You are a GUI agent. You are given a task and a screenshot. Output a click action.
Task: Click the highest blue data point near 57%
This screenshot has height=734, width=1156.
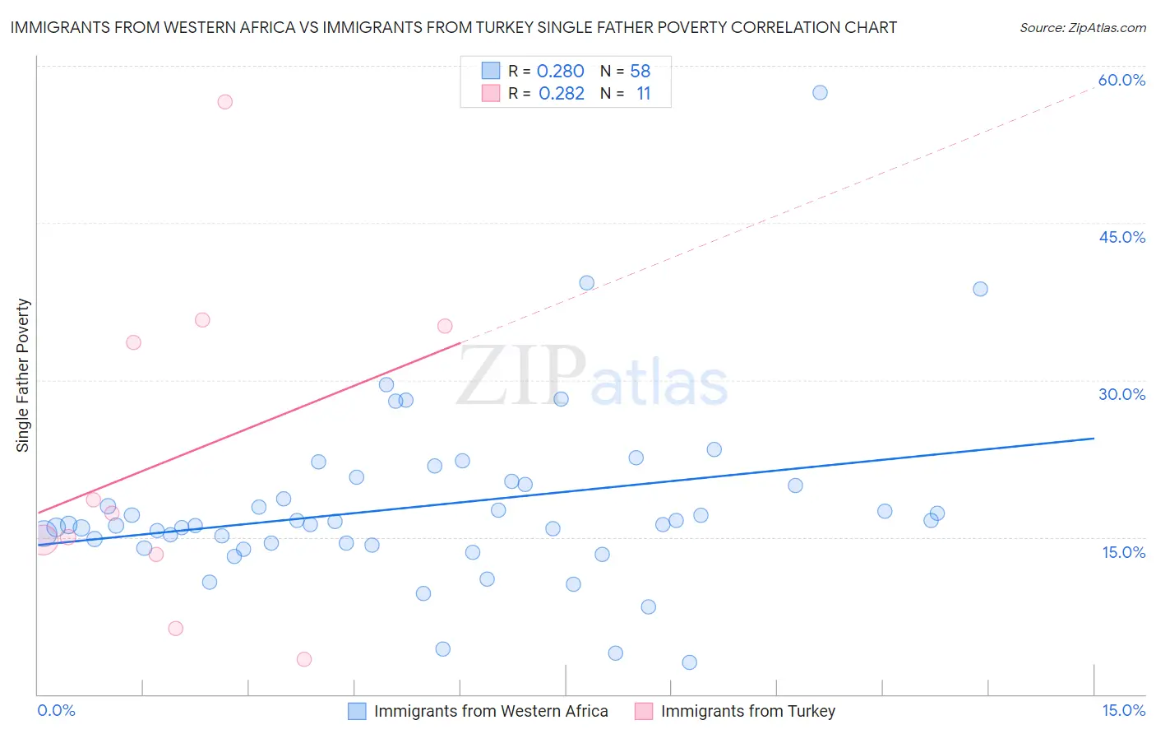[820, 93]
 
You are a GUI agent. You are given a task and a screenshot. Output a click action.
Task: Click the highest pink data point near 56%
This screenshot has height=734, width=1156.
[224, 102]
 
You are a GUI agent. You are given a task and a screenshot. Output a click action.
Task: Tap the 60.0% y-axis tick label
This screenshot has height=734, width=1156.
[1121, 80]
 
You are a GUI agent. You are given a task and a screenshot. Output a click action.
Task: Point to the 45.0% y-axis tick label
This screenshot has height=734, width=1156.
[1121, 237]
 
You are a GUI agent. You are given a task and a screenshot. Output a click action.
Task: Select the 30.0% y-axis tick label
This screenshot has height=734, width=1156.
[1121, 394]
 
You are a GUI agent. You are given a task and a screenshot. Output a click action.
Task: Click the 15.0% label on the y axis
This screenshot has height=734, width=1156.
[1123, 552]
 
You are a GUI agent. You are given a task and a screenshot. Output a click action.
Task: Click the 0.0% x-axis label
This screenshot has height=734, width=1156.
[56, 710]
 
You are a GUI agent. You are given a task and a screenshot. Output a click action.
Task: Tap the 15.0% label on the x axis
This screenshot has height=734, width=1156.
[1123, 710]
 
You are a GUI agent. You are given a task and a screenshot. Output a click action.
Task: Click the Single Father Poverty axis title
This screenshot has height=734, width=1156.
[22, 375]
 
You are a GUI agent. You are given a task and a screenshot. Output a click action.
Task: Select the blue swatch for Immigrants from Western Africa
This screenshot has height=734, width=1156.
[357, 711]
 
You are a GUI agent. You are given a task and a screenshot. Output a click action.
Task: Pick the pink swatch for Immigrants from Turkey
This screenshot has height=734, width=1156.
[644, 711]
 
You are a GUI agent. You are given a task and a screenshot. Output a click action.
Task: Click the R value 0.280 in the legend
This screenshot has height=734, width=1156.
[560, 72]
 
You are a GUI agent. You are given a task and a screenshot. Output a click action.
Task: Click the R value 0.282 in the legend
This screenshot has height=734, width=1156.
[561, 94]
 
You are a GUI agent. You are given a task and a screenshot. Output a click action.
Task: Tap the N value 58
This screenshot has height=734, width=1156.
[640, 72]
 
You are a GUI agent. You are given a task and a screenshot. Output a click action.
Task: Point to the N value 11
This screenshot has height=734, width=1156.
[643, 94]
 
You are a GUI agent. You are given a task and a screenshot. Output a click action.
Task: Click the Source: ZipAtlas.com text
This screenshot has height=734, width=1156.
[1082, 28]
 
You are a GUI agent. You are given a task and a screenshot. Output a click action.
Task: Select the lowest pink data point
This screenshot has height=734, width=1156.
[303, 659]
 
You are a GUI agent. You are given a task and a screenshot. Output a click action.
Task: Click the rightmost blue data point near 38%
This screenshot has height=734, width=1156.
[980, 289]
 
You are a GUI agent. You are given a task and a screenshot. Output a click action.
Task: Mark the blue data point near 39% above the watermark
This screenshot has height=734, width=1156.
[586, 283]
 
